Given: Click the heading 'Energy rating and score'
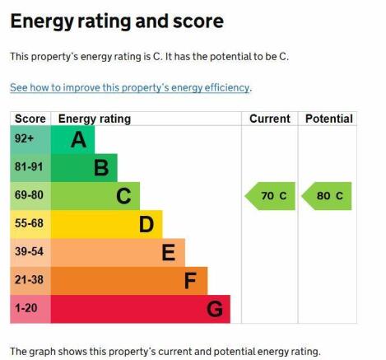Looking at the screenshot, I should (x=116, y=21).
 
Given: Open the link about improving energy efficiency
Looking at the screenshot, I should (x=130, y=87).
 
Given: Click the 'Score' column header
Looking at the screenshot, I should (x=30, y=119).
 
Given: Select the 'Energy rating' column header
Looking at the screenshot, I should (x=94, y=119).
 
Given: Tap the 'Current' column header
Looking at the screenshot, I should (x=269, y=119).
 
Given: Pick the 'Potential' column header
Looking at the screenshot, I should (x=328, y=119).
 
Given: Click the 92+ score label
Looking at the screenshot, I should (x=24, y=140).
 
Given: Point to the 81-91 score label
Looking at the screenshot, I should (x=29, y=168).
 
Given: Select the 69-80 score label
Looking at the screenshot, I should (x=29, y=196).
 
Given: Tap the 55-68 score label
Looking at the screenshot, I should (x=29, y=224).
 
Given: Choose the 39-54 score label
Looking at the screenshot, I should (x=29, y=252).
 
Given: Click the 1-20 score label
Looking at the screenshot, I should (x=26, y=309).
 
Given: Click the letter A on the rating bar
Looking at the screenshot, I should (x=78, y=140).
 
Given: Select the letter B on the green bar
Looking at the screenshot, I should (x=101, y=168).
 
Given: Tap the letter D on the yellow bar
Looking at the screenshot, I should (x=146, y=224).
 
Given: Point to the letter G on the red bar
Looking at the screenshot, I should (x=215, y=309).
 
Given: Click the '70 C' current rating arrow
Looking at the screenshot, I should (x=271, y=196).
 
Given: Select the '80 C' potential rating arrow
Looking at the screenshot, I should (x=327, y=196).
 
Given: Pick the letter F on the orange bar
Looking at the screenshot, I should (x=190, y=281).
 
